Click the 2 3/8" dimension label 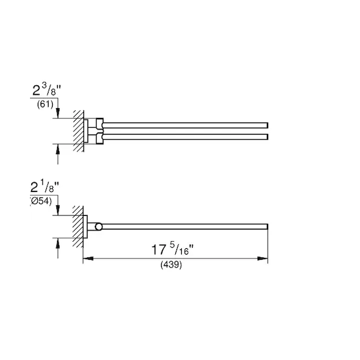click(47, 89)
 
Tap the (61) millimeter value click(45, 104)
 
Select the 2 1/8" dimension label click(45, 187)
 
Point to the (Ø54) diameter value click(41, 202)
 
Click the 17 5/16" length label click(173, 249)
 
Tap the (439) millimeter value click(171, 265)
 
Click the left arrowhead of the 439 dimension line click(88, 259)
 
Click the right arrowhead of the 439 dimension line click(263, 259)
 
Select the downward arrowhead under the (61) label click(58, 113)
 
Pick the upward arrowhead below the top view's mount click(58, 149)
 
